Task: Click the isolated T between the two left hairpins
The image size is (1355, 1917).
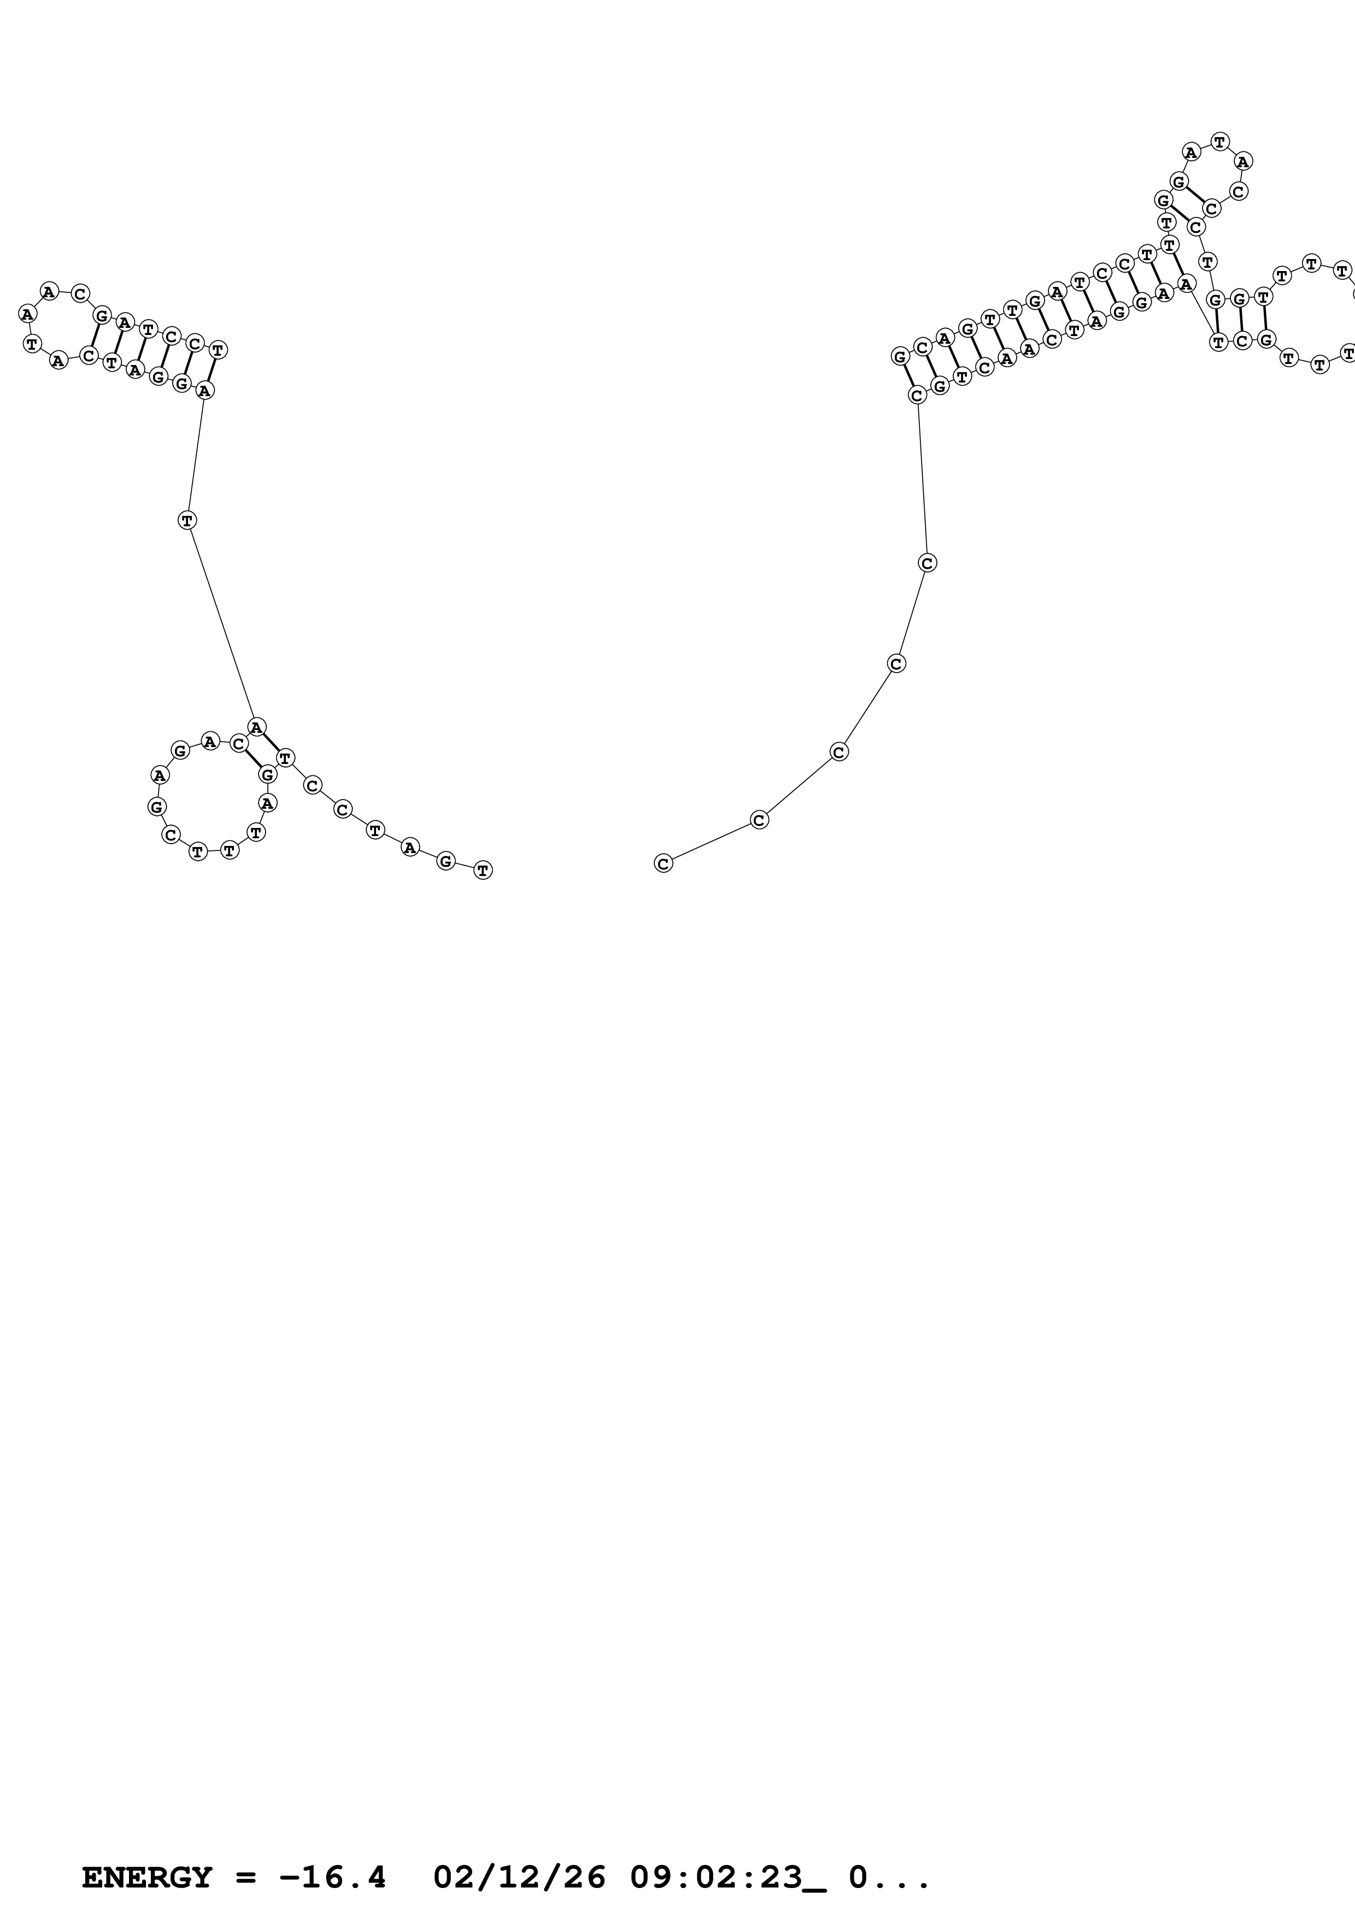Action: (x=187, y=520)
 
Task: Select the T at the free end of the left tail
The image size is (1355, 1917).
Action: (x=483, y=870)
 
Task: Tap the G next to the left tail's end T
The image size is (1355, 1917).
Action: (x=446, y=861)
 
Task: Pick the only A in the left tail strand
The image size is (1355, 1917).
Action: (x=409, y=848)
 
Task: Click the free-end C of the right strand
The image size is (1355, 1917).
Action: (x=663, y=863)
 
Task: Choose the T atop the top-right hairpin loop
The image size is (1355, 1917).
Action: (x=1220, y=142)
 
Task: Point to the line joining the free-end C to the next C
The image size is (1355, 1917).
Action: (x=711, y=842)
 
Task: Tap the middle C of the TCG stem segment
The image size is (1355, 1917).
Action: (x=1242, y=340)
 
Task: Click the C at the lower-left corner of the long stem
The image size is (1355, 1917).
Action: (x=917, y=395)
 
